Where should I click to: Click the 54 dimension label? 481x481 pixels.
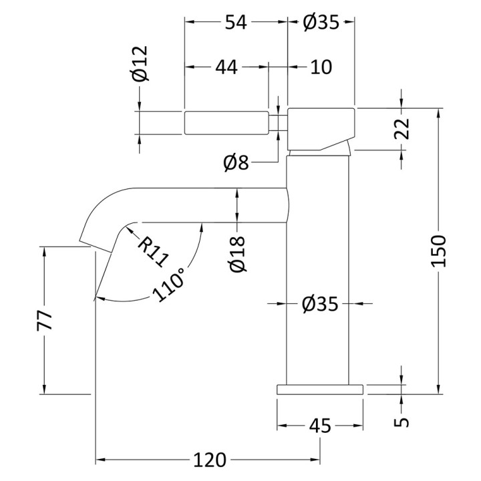coord(236,23)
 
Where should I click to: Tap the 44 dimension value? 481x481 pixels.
coord(226,67)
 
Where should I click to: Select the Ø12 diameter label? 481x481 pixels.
coord(141,63)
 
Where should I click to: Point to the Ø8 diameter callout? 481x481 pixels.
coord(236,162)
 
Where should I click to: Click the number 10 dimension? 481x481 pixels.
coord(321,67)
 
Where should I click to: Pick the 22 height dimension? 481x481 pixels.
coord(402,128)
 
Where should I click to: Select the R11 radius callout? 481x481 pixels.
coord(153,252)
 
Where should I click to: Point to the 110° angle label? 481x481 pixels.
coord(169,285)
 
